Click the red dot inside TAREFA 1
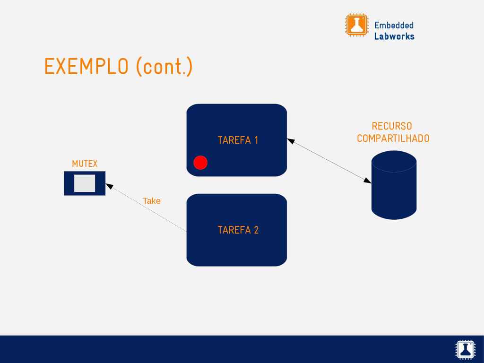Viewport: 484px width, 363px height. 200,162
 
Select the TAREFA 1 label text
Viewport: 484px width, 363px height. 238,140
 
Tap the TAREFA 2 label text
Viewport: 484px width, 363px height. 238,230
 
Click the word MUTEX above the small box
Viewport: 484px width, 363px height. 85,164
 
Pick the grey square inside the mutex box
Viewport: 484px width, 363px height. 85,183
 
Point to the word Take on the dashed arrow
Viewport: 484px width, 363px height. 152,201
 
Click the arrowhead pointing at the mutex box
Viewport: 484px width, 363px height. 109,187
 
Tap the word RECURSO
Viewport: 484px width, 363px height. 391,126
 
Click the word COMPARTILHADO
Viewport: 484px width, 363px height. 393,138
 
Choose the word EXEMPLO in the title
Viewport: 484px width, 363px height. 86,67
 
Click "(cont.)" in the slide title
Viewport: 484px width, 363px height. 164,67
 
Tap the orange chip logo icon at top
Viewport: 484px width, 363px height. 356,25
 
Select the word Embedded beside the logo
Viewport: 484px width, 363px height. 394,25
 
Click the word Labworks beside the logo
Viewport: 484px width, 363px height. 394,36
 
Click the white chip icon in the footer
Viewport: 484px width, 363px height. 465,349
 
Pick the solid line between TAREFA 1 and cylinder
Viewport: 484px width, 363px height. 329,160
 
